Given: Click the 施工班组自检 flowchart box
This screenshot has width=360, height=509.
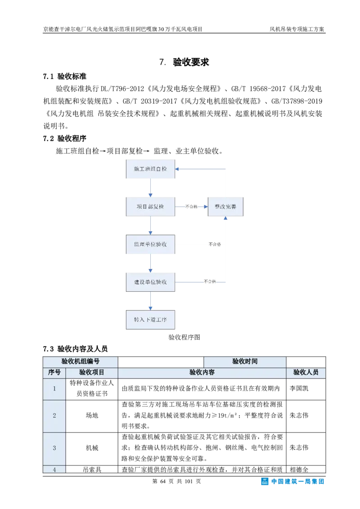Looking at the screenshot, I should [x=150, y=169].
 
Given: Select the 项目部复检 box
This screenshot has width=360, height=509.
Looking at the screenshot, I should [x=150, y=207].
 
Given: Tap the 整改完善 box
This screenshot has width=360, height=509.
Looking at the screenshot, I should [x=225, y=207].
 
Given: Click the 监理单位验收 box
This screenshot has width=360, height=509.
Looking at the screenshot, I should [x=150, y=244].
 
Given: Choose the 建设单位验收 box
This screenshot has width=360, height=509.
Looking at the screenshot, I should [x=150, y=282].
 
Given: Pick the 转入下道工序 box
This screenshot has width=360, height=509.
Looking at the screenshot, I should [x=150, y=320].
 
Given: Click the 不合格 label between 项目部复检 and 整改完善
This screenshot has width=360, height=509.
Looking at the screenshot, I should [x=191, y=207].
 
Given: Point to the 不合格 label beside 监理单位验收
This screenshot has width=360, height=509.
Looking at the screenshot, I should [x=215, y=244].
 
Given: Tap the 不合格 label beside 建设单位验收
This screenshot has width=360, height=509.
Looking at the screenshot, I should [x=210, y=281].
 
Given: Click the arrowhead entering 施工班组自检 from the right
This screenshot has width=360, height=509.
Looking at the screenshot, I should [x=178, y=169].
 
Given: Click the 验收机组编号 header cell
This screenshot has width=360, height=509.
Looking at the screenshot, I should [x=80, y=362].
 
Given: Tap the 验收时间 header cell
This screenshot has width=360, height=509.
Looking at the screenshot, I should [x=245, y=362].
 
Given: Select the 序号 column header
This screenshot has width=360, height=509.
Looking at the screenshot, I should [x=54, y=372].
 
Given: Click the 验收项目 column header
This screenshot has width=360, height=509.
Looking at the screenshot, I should [x=92, y=372].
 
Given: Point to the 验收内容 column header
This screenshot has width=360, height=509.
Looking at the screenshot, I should [x=202, y=372].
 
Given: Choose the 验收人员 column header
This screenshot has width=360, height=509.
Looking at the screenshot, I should [x=306, y=372].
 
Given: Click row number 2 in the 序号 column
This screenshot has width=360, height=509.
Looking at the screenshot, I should [x=54, y=415].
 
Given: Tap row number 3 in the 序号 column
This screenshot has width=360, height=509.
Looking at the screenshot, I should [x=54, y=448].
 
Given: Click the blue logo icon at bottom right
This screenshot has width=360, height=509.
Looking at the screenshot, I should [x=265, y=482].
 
